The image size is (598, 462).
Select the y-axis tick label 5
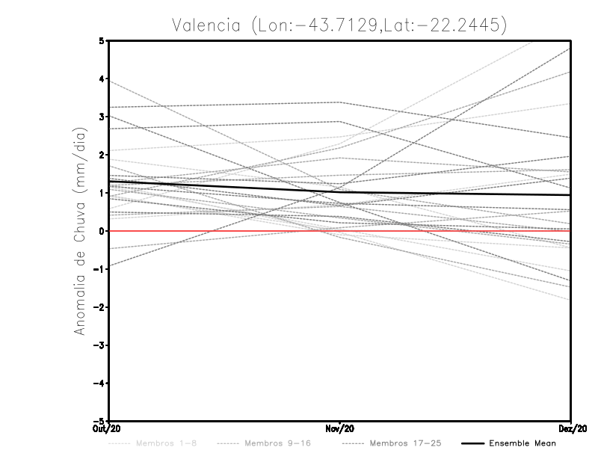click(102, 40)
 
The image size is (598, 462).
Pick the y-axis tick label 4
click(102, 78)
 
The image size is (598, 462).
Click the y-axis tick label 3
click(102, 117)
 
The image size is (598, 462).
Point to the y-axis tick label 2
click(102, 155)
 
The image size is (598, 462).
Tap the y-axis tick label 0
click(102, 231)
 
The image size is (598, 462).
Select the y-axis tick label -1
click(99, 269)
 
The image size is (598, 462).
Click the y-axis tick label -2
click(99, 307)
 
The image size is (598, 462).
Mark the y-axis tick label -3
click(99, 345)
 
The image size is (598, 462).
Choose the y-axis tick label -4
click(99, 384)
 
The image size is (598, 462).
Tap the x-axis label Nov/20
click(340, 428)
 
